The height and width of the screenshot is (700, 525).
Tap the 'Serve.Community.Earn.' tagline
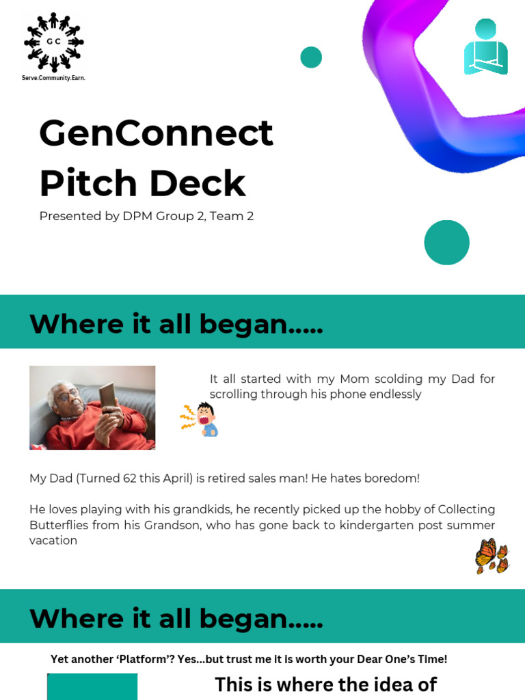(x=53, y=78)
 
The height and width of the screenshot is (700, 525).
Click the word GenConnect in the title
(x=156, y=133)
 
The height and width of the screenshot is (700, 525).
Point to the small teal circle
(x=311, y=57)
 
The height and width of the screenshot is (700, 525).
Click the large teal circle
(x=446, y=242)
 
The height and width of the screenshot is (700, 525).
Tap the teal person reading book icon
(x=485, y=47)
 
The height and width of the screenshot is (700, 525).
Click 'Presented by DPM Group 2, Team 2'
(x=146, y=216)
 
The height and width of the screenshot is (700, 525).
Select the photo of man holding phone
(x=92, y=407)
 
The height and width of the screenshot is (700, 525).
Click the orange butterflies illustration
(x=492, y=556)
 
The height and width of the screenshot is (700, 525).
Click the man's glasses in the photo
(x=66, y=395)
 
